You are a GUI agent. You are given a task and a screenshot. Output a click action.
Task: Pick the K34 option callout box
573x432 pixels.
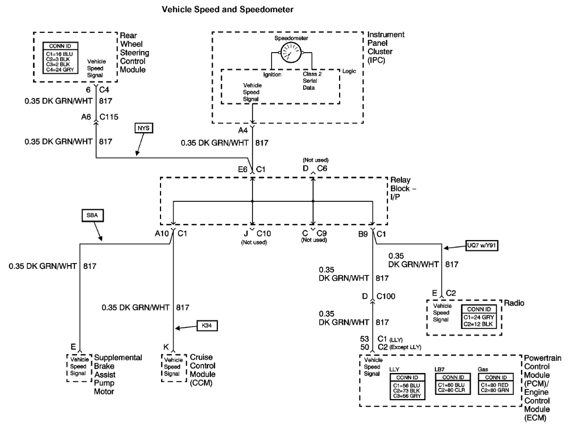coord(206,325)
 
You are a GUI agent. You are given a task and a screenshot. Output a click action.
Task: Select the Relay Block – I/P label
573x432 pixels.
coord(409,187)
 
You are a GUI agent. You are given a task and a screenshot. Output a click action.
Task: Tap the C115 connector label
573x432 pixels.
coord(107,121)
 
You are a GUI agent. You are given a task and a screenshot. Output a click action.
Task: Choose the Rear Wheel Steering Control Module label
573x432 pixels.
coord(134,53)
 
